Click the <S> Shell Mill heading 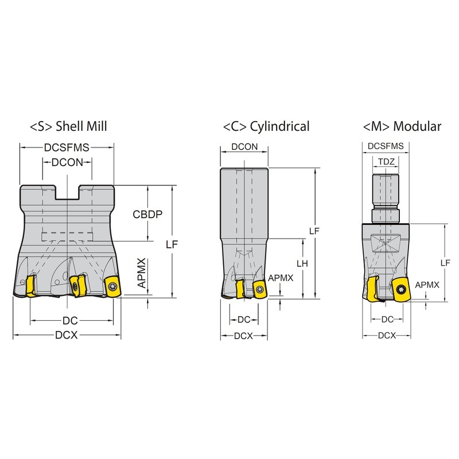(68, 126)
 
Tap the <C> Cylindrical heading (266, 126)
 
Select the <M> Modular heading (402, 126)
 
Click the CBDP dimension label (147, 214)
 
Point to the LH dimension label (302, 263)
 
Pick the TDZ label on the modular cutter (386, 162)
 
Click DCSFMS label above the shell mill (67, 147)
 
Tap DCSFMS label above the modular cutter (386, 146)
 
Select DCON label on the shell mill (67, 162)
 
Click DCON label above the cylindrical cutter (244, 147)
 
